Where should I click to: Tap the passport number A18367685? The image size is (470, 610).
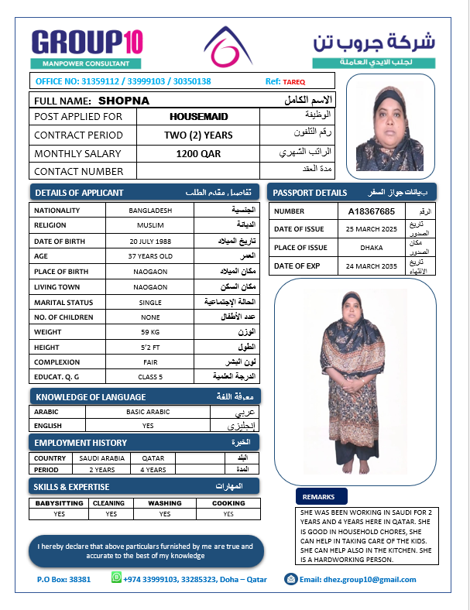click(372, 211)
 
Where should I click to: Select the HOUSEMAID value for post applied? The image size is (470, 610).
click(198, 116)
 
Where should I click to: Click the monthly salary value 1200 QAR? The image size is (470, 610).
click(198, 153)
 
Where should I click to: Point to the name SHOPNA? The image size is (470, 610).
click(124, 101)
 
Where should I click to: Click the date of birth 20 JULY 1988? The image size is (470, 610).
click(150, 241)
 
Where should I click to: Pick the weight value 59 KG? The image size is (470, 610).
click(150, 332)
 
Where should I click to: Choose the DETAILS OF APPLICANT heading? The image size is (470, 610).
click(80, 193)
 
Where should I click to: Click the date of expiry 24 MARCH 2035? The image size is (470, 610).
click(372, 266)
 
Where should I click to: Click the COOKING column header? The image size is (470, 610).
click(228, 502)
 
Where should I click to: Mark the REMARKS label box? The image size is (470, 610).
click(320, 496)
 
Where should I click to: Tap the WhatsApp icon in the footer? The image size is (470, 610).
click(116, 578)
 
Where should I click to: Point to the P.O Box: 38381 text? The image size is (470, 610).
click(63, 579)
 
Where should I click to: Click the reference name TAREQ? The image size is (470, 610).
click(294, 81)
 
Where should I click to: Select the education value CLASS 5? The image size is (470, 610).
click(150, 377)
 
